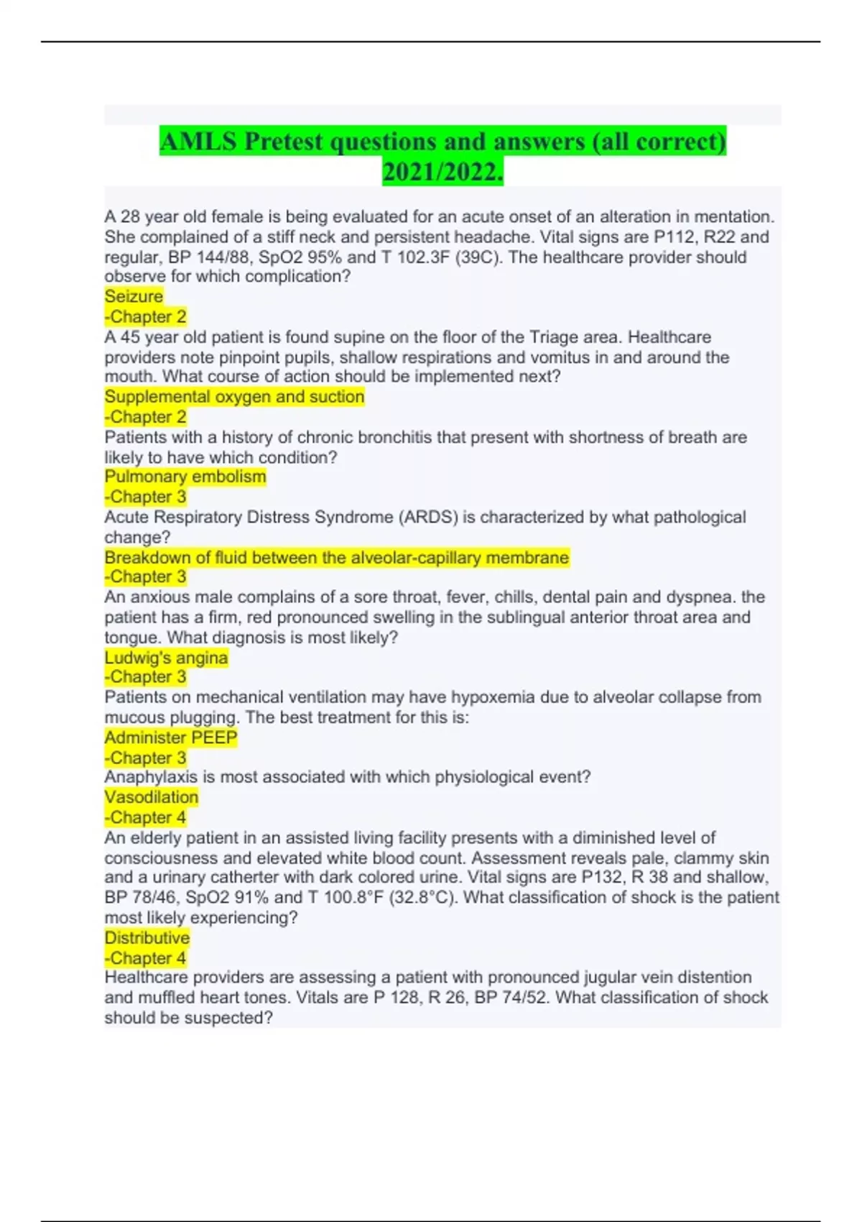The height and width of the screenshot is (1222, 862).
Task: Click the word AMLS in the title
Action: point(198,141)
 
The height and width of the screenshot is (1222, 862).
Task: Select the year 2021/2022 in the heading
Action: point(442,173)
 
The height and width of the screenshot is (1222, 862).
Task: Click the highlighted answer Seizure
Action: point(134,296)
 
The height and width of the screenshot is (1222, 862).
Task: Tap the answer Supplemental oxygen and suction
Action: point(234,397)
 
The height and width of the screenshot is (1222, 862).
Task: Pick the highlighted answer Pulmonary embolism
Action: point(185,477)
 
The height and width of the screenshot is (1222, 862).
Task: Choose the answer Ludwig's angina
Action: point(166,658)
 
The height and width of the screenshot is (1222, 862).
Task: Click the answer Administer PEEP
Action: point(171,738)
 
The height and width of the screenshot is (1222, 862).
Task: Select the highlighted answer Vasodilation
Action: point(152,797)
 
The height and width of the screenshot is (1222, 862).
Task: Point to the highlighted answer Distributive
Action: point(147,938)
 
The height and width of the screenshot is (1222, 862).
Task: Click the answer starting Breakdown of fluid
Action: point(336,558)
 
